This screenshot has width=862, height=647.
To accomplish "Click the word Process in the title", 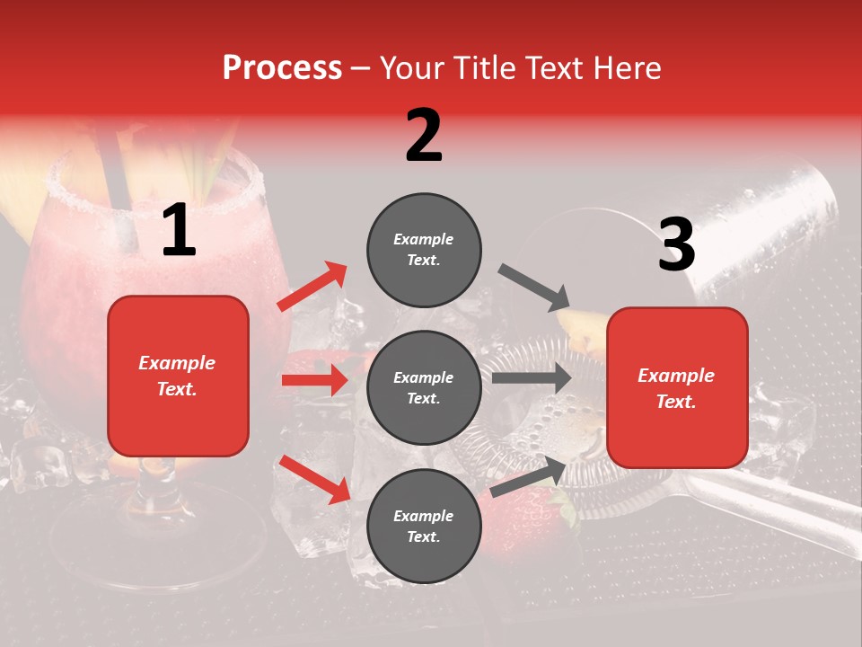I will pyautogui.click(x=282, y=68).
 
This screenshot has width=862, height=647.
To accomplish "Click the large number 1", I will pyautogui.click(x=179, y=231).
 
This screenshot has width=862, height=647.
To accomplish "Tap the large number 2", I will pyautogui.click(x=424, y=136).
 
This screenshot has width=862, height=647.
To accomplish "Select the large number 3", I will pyautogui.click(x=676, y=245).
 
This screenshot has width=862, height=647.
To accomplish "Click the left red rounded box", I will pyautogui.click(x=178, y=376).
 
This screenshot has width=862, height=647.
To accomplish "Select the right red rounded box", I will pyautogui.click(x=677, y=387).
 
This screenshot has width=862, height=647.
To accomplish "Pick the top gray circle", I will pyautogui.click(x=424, y=250).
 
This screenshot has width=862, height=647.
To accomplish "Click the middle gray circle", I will pyautogui.click(x=424, y=387).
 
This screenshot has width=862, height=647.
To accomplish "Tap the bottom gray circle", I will pyautogui.click(x=424, y=526).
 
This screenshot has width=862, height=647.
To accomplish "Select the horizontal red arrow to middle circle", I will pyautogui.click(x=314, y=380).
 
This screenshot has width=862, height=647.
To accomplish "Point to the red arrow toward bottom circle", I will pyautogui.click(x=314, y=479).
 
